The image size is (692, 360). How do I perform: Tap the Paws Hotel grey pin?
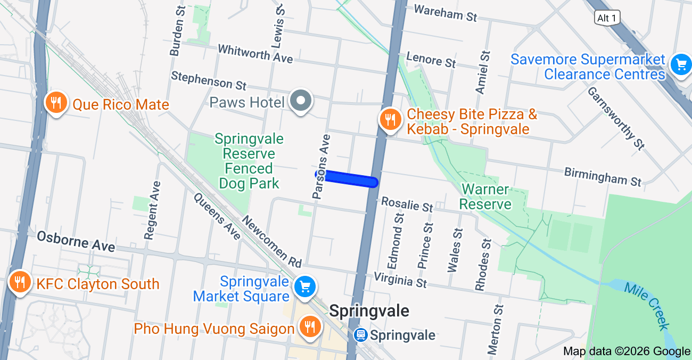301,100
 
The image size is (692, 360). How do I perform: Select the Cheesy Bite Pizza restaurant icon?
390,119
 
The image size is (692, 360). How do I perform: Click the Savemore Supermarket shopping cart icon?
681,65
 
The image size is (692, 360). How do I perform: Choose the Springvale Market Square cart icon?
305,287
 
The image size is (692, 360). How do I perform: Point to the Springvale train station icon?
361,335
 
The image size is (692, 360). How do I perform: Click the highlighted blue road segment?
349,179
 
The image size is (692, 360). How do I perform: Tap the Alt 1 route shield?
607,18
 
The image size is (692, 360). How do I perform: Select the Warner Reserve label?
485,197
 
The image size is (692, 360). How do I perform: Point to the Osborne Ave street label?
76,242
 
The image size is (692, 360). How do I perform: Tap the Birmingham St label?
603,177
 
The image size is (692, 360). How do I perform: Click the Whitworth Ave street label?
255,53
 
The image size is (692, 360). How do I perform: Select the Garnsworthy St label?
616,118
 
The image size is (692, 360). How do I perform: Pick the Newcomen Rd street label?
271,241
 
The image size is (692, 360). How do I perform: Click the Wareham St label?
445,13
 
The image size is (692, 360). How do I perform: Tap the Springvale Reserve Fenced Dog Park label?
249,161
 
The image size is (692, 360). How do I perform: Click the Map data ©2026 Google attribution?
627,351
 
